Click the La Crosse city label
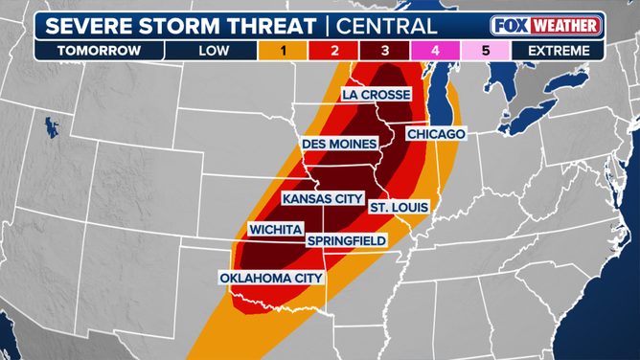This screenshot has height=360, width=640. coord(377,95)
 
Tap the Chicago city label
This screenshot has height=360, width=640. coord(436,134)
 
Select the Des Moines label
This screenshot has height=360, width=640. coord(339,144)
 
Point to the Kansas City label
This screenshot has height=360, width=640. coord(323,198)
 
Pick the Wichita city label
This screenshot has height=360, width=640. coord(276,230)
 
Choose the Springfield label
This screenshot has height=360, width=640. coord(347,239)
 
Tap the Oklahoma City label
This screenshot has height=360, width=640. coord(271,278)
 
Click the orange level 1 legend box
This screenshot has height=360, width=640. coord(286,49)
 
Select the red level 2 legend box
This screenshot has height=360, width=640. coord(335,49)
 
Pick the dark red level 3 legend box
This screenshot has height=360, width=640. coord(385,49)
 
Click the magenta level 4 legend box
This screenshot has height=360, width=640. coord(435,49)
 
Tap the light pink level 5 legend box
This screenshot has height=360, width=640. coord(485,49)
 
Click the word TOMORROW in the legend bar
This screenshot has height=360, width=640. coord(98,49)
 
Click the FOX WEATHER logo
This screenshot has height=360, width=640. coord(544,25)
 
